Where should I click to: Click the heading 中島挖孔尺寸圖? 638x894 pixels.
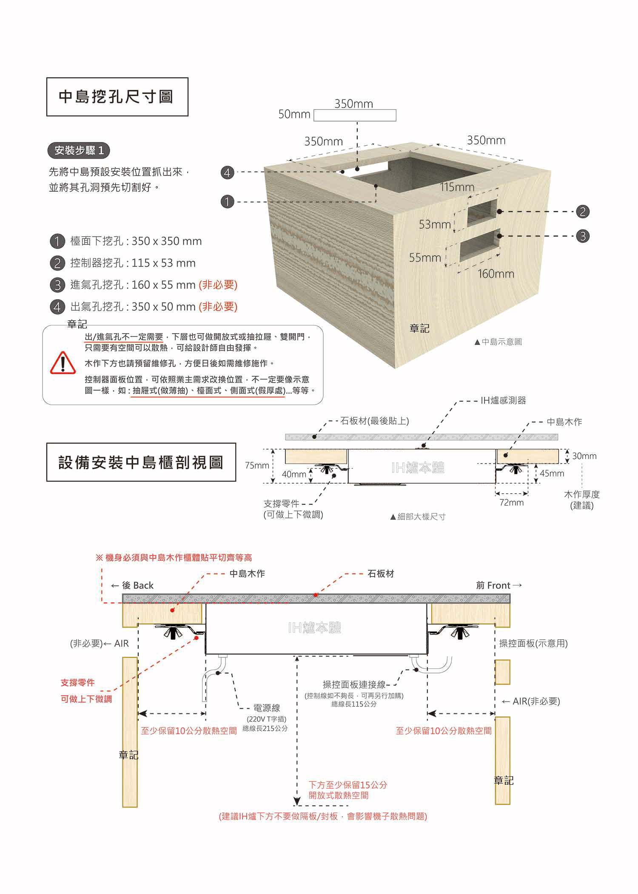(x=117, y=97)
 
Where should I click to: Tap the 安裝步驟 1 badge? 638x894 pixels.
(x=79, y=150)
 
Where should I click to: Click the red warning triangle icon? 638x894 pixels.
(x=63, y=363)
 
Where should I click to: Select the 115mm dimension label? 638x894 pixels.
(x=457, y=187)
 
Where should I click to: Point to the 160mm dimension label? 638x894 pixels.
(x=496, y=274)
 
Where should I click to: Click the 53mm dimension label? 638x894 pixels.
(x=434, y=224)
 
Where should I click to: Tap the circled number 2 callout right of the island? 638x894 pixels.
(x=582, y=212)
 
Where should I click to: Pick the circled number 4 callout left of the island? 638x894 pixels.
(x=228, y=173)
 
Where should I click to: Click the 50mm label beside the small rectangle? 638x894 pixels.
(x=294, y=114)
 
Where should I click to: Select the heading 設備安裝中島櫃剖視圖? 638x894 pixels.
(x=141, y=462)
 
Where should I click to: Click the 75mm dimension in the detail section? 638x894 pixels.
(x=257, y=465)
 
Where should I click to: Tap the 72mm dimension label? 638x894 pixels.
(x=511, y=503)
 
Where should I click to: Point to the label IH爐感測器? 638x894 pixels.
(x=503, y=400)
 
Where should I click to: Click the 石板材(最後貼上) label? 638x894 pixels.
(x=374, y=421)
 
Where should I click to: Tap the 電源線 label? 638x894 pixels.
(x=266, y=708)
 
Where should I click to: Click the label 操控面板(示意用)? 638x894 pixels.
(x=533, y=643)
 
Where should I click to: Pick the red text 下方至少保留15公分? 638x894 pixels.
(x=347, y=785)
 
